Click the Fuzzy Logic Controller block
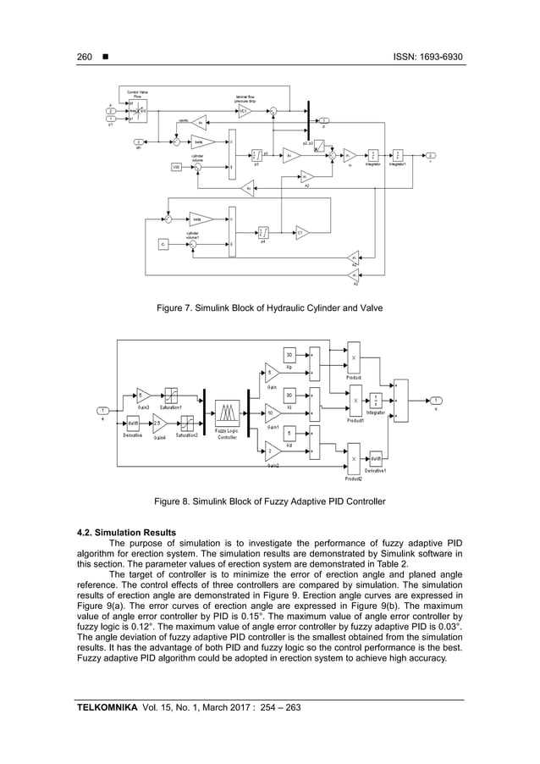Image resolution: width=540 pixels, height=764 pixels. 226,412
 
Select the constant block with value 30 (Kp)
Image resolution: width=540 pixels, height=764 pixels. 289,356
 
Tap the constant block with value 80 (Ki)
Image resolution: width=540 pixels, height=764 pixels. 289,396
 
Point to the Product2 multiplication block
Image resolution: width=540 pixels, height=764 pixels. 354,455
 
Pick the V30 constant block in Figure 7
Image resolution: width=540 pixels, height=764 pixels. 176,167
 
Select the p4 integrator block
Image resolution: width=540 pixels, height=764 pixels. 263,231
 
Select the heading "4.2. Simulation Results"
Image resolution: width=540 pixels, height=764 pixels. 128,533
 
